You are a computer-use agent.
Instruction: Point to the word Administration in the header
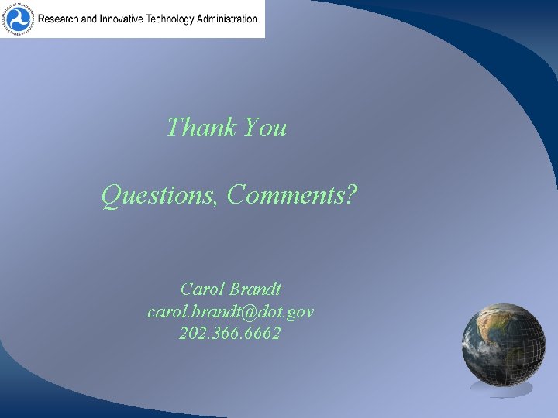click(x=229, y=19)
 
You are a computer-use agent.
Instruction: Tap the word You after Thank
click(x=264, y=127)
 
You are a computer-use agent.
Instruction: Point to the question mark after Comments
click(x=352, y=197)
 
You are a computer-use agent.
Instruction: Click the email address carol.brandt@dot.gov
click(x=230, y=312)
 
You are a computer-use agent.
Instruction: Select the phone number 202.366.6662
click(x=230, y=334)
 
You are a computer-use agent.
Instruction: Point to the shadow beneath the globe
click(x=502, y=389)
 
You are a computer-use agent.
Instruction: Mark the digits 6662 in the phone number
click(x=263, y=334)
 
